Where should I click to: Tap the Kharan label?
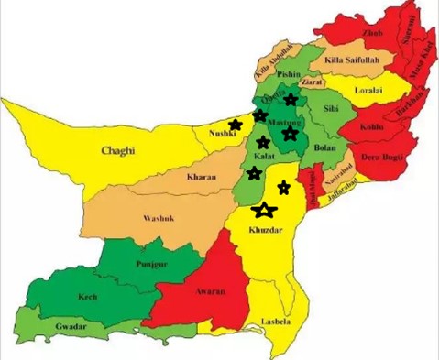click(x=202, y=176)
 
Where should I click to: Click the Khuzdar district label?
click(x=267, y=233)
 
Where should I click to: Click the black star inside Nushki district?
click(x=236, y=125)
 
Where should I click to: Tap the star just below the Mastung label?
click(x=291, y=134)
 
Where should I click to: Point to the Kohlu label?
click(x=372, y=128)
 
